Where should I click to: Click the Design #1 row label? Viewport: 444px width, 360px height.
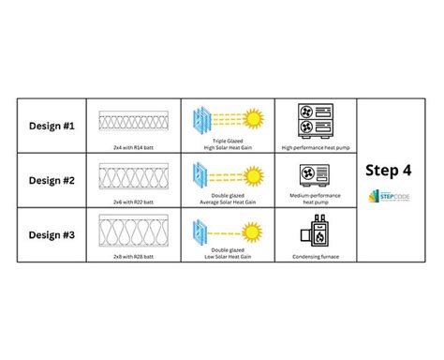point(52,127)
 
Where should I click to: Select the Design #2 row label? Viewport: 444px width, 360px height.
point(52,181)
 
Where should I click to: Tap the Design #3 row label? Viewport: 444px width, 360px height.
point(52,234)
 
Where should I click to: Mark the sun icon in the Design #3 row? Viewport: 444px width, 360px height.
point(252,230)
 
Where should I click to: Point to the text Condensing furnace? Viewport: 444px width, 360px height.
point(316,256)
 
